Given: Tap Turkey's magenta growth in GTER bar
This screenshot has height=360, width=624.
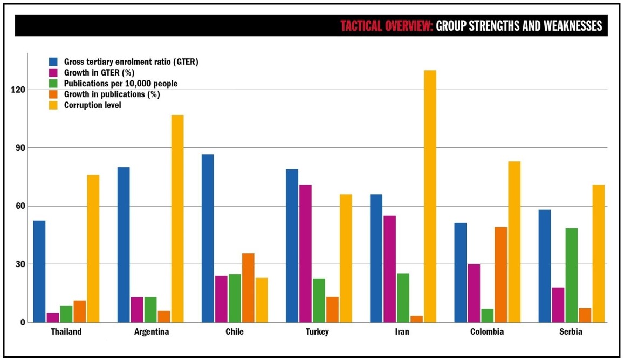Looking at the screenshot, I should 305,254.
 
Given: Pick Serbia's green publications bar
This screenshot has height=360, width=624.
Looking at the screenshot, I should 572,275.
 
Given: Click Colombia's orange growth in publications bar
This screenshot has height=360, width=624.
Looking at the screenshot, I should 501,275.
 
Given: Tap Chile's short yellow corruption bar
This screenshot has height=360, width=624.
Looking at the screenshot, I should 262,300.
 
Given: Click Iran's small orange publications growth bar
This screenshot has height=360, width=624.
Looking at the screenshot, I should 416,319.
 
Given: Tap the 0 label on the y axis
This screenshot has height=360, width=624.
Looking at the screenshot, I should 23,323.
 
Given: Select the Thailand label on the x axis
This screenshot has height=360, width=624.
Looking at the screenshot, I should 66,332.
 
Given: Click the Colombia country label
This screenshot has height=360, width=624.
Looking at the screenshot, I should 487,332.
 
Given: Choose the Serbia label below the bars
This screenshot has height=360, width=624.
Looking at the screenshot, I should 571,332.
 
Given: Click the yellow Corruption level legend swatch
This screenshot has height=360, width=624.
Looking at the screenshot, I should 53,105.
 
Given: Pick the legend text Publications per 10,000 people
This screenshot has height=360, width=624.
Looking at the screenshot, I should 121,84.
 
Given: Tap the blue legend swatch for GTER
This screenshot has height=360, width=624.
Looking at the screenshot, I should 53,62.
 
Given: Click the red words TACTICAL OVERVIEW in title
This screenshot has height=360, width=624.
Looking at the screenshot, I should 387,26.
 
